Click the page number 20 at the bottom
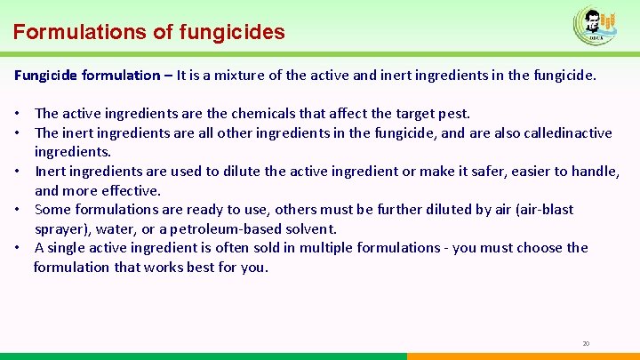click(x=586, y=343)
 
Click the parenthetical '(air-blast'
click(x=541, y=210)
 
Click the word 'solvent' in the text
click(x=310, y=228)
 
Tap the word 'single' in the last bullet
click(x=68, y=248)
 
